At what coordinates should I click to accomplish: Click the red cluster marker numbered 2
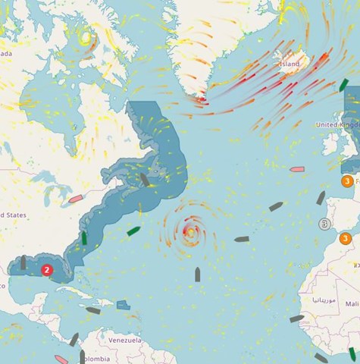(x=47, y=269)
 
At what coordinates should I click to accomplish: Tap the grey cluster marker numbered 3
(x=325, y=224)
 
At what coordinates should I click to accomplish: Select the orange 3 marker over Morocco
(x=346, y=239)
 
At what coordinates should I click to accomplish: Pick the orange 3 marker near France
(x=347, y=181)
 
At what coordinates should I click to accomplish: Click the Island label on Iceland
(x=290, y=64)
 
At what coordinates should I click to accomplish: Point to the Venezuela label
(x=124, y=340)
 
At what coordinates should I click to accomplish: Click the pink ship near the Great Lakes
(x=75, y=199)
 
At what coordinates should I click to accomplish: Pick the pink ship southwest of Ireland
(x=296, y=169)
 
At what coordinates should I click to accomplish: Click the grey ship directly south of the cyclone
(x=198, y=274)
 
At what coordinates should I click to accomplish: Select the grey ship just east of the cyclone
(x=242, y=239)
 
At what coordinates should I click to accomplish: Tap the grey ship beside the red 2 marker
(x=23, y=262)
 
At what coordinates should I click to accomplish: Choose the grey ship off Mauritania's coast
(x=297, y=318)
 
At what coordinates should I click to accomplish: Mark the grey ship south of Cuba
(x=93, y=310)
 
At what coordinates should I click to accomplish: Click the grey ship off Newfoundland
(x=144, y=180)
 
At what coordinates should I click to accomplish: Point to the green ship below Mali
(x=352, y=353)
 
